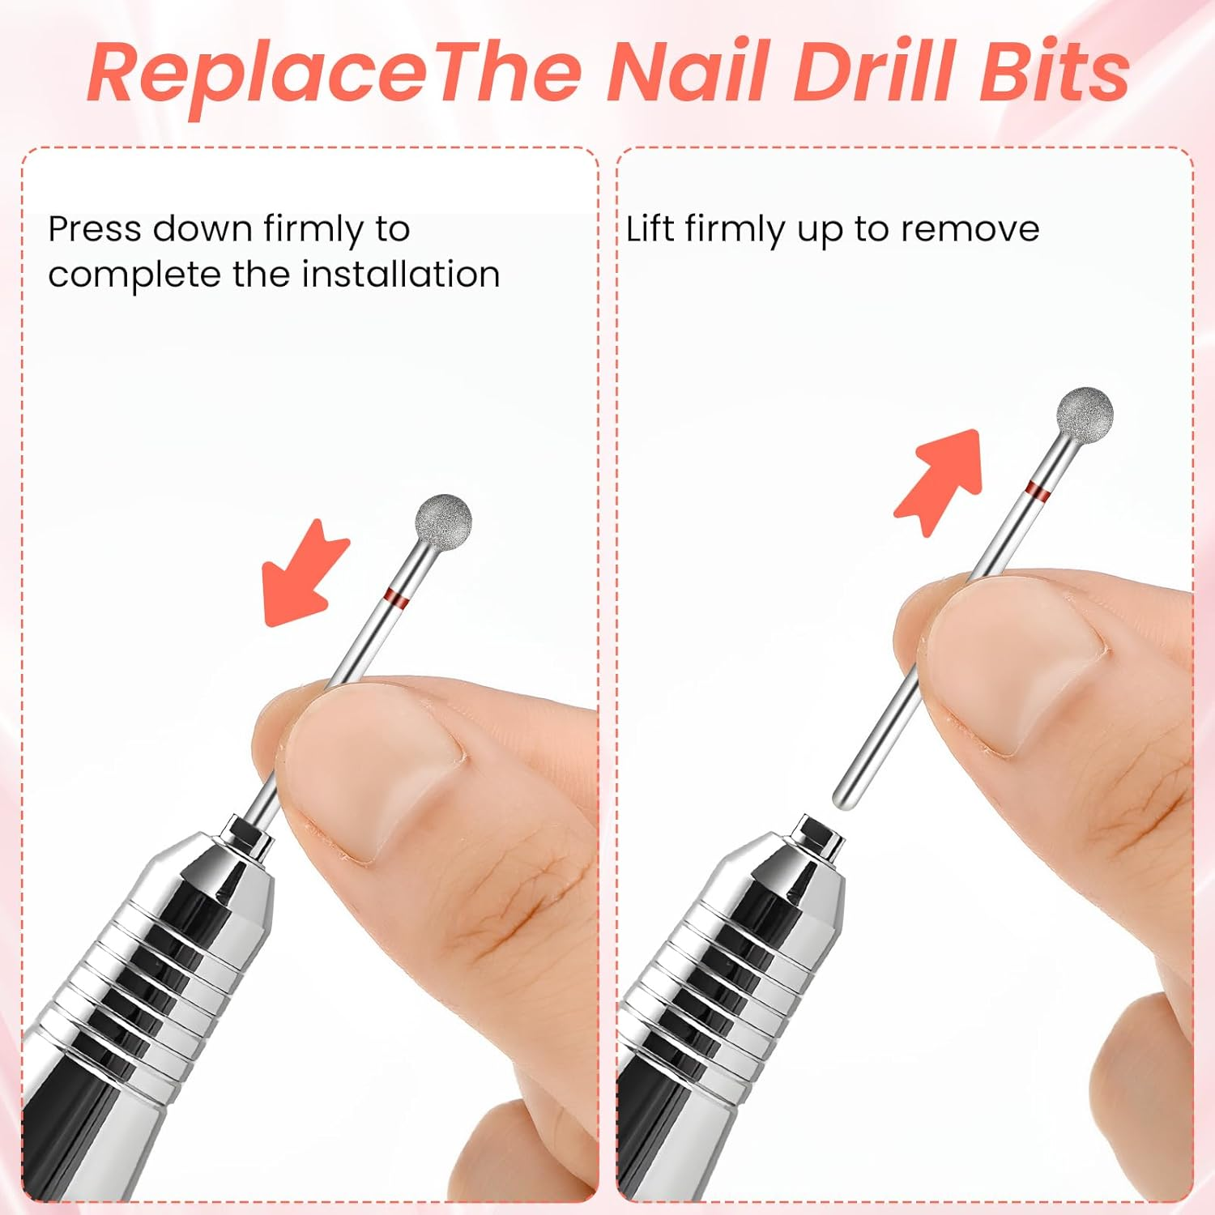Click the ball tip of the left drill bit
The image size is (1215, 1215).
[x=444, y=517]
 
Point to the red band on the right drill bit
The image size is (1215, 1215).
[x=1038, y=489]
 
